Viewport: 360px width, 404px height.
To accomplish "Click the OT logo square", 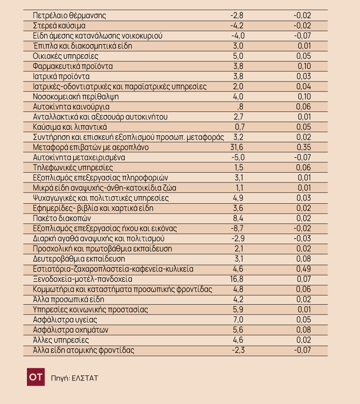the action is pyautogui.click(x=36, y=377).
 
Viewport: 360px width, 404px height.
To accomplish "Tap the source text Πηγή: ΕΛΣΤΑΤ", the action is pyautogui.click(x=75, y=378).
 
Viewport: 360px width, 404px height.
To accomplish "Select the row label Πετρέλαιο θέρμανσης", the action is pyautogui.click(x=69, y=16).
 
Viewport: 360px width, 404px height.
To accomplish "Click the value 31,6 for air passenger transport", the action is pyautogui.click(x=237, y=147).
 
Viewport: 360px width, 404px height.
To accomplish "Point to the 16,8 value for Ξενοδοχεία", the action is pyautogui.click(x=237, y=279).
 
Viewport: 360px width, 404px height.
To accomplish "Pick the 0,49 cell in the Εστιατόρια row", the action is pyautogui.click(x=304, y=269).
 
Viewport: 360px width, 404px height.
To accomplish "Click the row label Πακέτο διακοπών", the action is pyautogui.click(x=62, y=218).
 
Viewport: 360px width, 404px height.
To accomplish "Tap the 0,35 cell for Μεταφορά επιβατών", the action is pyautogui.click(x=304, y=147).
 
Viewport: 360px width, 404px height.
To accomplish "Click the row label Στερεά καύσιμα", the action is pyautogui.click(x=59, y=26).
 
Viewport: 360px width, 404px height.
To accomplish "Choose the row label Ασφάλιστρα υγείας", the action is pyautogui.click(x=65, y=320).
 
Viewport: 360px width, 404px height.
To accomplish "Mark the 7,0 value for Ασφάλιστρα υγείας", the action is pyautogui.click(x=238, y=320).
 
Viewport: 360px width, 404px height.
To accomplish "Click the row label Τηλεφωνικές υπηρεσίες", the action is pyautogui.click(x=73, y=168).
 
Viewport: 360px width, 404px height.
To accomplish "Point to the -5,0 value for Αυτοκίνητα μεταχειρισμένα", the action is pyautogui.click(x=238, y=157).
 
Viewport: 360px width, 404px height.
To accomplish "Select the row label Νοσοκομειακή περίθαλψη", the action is pyautogui.click(x=76, y=97).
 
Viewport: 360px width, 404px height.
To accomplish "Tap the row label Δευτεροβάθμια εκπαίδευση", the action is pyautogui.click(x=79, y=259).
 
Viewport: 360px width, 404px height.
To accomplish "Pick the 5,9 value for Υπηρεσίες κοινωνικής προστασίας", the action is pyautogui.click(x=238, y=310).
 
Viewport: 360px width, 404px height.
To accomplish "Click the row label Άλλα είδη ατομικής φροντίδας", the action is pyautogui.click(x=84, y=350).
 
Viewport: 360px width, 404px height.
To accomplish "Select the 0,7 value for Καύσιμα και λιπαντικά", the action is pyautogui.click(x=240, y=127).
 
